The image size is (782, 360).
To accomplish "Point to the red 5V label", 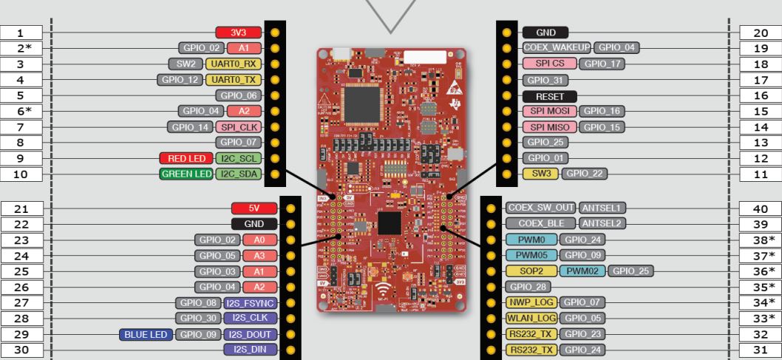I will point(255,208).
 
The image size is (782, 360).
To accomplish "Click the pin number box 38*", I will point(760,240).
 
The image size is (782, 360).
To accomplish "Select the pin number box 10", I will point(21,175).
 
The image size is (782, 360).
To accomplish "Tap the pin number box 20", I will point(760,33).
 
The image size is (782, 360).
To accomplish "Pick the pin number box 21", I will point(21,208).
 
